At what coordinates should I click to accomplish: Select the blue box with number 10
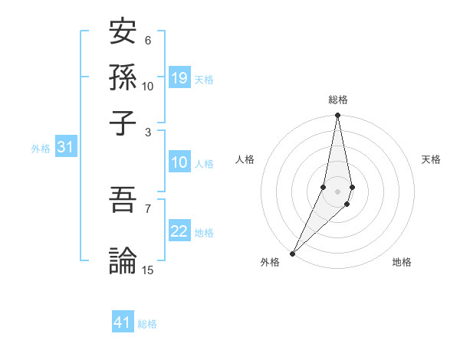click(x=179, y=162)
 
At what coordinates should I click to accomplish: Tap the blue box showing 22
click(x=179, y=231)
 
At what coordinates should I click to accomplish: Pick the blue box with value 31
click(x=65, y=148)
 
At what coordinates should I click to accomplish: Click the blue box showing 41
click(x=123, y=322)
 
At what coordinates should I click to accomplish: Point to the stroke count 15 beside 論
click(x=148, y=270)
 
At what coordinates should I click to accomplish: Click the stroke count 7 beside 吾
click(x=148, y=208)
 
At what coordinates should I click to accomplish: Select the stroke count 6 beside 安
click(x=148, y=40)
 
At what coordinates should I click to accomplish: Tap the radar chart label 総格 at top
click(x=338, y=100)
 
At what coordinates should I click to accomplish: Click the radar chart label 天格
click(x=431, y=159)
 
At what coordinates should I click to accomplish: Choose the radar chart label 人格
click(x=245, y=159)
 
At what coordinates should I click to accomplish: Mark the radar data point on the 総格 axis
click(x=337, y=116)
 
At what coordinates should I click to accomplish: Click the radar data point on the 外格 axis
click(x=293, y=253)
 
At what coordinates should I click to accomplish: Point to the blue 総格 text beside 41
click(x=147, y=324)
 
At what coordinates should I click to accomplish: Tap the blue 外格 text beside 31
click(x=40, y=149)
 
